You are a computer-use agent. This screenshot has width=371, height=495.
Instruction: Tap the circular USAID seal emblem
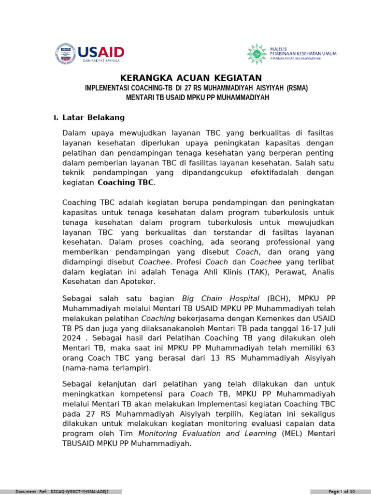pyautogui.click(x=65, y=54)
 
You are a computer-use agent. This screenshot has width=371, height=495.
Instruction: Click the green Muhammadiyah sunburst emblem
pyautogui.click(x=257, y=54)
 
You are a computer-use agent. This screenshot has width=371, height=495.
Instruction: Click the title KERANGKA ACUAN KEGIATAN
pyautogui.click(x=191, y=78)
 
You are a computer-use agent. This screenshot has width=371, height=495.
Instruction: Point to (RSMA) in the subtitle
pyautogui.click(x=297, y=88)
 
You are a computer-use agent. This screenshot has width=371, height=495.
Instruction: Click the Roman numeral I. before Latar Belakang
pyautogui.click(x=56, y=118)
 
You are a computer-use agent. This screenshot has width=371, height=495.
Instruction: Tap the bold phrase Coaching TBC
pyautogui.click(x=126, y=182)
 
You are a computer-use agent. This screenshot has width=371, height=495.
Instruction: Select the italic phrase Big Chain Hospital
pyautogui.click(x=221, y=298)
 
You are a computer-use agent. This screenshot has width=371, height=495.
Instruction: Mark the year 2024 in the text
pyautogui.click(x=71, y=338)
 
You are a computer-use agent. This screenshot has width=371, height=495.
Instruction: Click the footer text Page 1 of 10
pyautogui.click(x=342, y=492)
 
